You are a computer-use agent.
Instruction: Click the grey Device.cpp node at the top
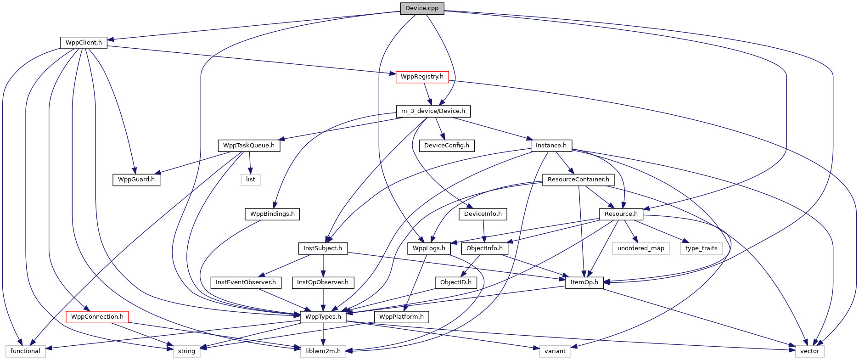point(422,8)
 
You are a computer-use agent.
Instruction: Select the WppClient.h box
point(84,43)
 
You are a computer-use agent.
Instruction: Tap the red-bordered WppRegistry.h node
point(422,77)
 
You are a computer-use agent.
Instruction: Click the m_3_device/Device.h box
point(433,111)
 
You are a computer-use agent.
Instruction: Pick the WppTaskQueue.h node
point(249,146)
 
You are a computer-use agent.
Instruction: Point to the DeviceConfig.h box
point(447,146)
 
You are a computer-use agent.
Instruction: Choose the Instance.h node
point(551,146)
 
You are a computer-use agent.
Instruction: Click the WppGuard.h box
point(136,180)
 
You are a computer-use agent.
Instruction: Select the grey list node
point(251,180)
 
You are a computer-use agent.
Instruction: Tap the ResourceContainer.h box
point(578,180)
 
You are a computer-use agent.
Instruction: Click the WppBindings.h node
point(272,214)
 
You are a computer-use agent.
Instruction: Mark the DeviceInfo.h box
point(483,214)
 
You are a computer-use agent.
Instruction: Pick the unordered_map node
point(640,248)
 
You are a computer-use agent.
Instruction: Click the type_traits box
point(701,248)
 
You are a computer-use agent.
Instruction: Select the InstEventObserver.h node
point(246,282)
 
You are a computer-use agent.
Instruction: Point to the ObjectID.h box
point(455,282)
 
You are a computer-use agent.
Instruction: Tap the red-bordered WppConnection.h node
point(97,317)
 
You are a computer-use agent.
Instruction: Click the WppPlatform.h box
point(401,317)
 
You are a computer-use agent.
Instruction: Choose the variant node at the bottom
point(555,351)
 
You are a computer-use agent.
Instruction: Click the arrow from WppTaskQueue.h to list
point(250,163)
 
